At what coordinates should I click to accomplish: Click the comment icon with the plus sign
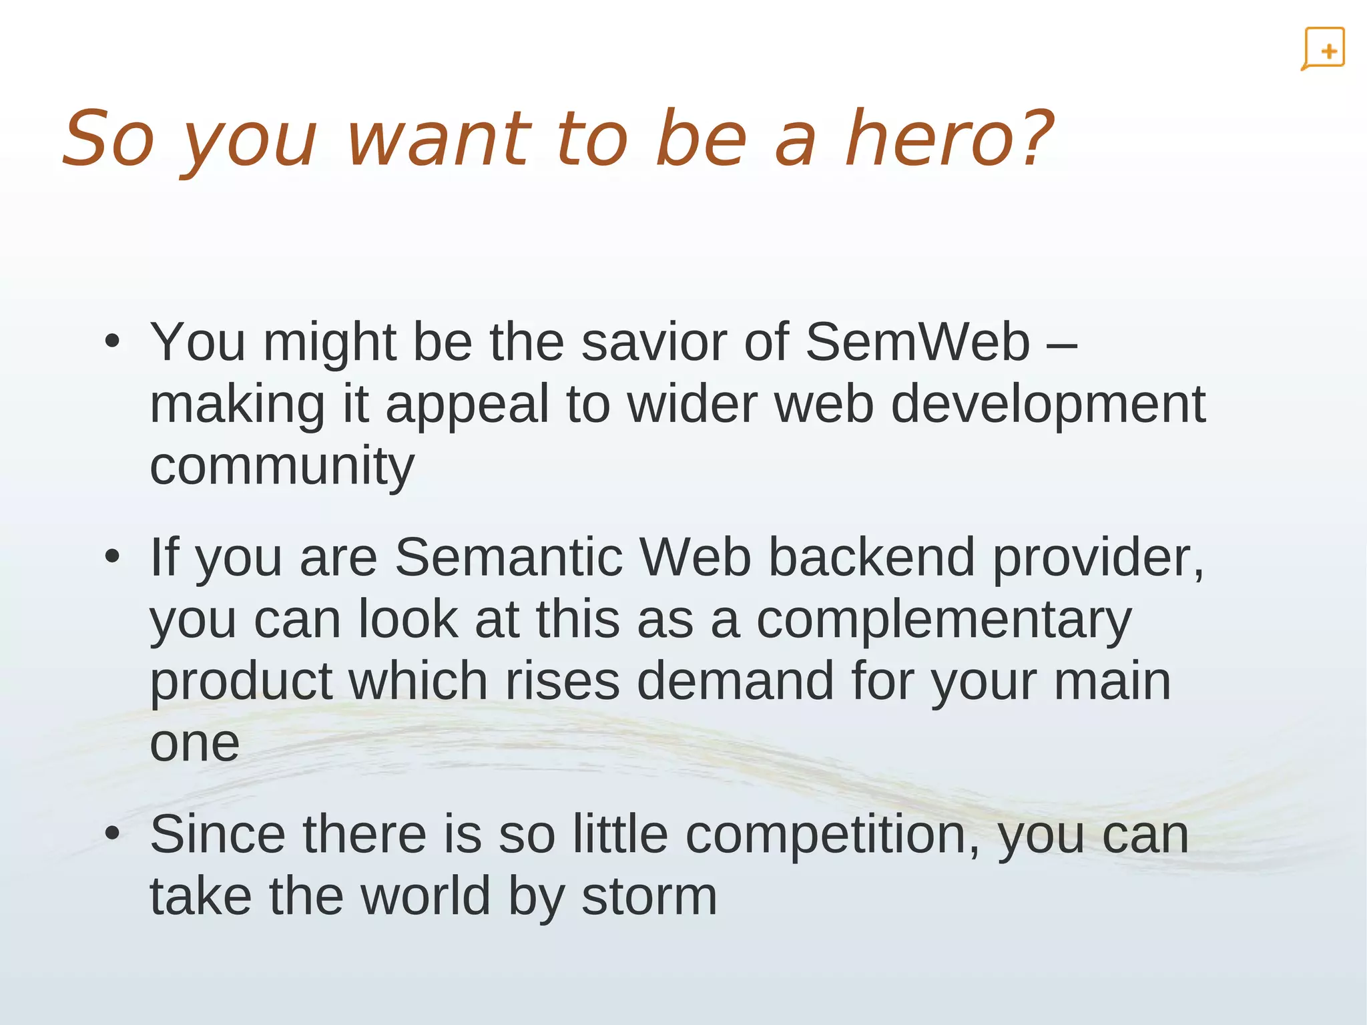point(1323,49)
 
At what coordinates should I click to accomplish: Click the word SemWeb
point(918,342)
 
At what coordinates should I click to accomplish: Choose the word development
point(1048,405)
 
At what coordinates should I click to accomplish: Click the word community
point(282,465)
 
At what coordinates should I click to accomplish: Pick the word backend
point(872,557)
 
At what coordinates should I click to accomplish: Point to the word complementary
point(944,620)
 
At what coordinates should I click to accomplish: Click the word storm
point(649,896)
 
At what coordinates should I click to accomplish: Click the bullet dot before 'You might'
point(112,342)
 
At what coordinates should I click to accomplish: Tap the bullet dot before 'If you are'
point(112,557)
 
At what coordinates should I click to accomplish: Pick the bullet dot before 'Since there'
point(112,834)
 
